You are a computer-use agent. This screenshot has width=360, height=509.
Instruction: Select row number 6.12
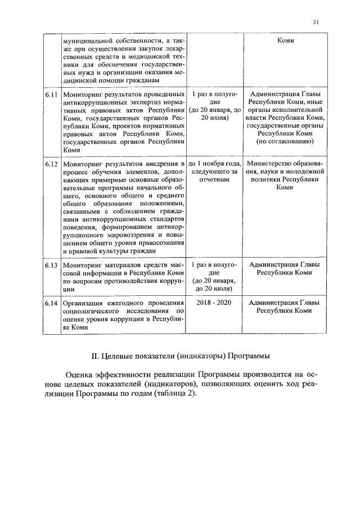52,164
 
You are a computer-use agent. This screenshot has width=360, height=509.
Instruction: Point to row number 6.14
52,303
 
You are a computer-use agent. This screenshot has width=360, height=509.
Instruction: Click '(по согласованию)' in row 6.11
285,142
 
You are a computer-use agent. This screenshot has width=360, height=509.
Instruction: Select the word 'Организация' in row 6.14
85,303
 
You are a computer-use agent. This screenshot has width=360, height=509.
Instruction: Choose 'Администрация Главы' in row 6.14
285,303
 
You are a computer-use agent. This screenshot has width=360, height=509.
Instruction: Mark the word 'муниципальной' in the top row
89,41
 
